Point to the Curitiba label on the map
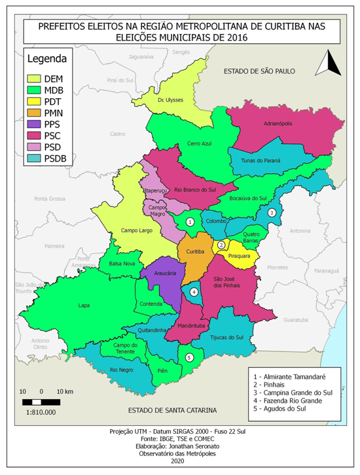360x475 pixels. pos(196,251)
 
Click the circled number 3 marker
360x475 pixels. pos(272,213)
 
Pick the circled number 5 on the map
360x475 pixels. pos(189,357)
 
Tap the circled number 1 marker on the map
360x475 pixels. pos(189,222)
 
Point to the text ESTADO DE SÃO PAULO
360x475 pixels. pos(259,70)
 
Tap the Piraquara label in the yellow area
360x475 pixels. pos(239,256)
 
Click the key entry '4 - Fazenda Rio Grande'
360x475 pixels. pos(294,400)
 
